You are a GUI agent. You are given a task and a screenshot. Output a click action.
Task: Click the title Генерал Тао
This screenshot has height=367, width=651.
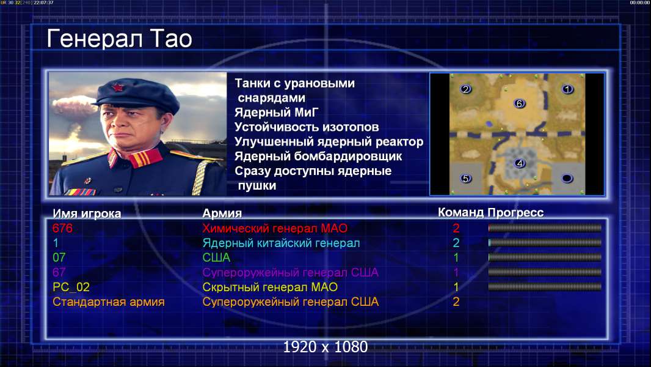tap(119, 39)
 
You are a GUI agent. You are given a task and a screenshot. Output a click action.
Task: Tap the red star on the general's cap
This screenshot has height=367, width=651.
tap(118, 87)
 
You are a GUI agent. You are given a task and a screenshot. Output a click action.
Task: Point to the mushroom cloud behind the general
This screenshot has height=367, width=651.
tap(73, 106)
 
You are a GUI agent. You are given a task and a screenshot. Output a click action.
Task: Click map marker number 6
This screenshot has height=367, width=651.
tap(519, 103)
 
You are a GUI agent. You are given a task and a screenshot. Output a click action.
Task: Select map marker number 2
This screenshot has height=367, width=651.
tap(466, 89)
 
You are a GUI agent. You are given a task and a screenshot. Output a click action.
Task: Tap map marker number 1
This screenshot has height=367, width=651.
tap(567, 89)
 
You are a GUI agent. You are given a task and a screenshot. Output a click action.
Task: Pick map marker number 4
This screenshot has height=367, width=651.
tap(519, 163)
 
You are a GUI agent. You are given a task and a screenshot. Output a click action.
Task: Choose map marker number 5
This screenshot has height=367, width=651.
tap(466, 179)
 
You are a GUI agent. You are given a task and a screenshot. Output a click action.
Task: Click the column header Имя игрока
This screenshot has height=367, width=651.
tap(87, 213)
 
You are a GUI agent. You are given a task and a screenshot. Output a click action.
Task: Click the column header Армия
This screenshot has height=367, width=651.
tap(222, 213)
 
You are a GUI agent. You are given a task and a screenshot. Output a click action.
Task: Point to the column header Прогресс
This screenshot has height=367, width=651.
tap(515, 213)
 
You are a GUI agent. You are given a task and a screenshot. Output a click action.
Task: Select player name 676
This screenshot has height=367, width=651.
tap(62, 228)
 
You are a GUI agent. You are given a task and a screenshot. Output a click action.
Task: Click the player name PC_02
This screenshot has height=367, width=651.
tap(71, 287)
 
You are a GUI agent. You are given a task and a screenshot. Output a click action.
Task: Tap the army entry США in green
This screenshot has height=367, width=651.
tap(216, 258)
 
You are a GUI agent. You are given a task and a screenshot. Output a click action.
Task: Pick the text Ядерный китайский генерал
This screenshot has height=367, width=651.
tap(281, 243)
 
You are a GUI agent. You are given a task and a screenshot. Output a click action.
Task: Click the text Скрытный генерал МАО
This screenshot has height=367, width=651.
tap(270, 287)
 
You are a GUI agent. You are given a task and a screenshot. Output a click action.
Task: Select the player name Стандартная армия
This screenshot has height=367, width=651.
tap(109, 302)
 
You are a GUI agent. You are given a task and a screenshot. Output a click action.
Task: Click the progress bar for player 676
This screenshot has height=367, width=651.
tap(545, 228)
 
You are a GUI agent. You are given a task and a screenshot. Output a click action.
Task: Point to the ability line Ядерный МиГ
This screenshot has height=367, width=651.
tap(277, 113)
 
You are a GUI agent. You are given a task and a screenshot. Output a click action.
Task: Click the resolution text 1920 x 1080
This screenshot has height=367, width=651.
tap(325, 347)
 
